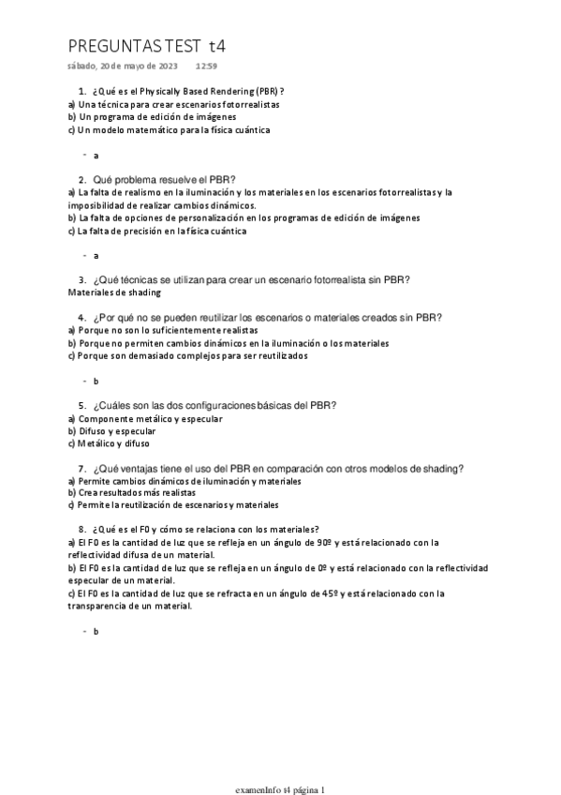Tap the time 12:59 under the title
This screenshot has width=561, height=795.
(x=206, y=67)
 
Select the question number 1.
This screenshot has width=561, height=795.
(x=82, y=91)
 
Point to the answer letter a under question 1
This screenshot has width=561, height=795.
(x=96, y=155)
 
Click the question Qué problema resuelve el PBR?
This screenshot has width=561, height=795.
(x=164, y=179)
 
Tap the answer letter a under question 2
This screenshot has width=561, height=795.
(x=96, y=255)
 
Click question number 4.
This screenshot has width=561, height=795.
(x=82, y=318)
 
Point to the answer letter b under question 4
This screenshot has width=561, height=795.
(x=96, y=382)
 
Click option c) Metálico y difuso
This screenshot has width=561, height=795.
(x=109, y=444)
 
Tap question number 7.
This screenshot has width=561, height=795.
(x=82, y=469)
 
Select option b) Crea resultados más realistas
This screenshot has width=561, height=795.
(x=132, y=492)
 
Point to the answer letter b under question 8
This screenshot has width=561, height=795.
(x=96, y=632)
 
